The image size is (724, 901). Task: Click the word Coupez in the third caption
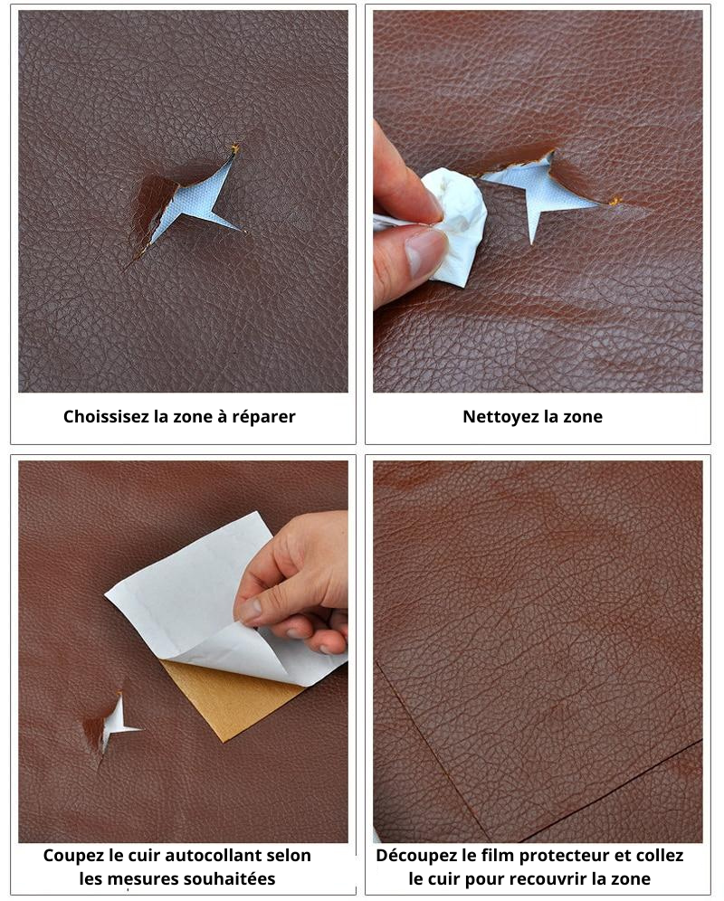(73, 856)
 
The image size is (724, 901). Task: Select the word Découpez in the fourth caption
(416, 856)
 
